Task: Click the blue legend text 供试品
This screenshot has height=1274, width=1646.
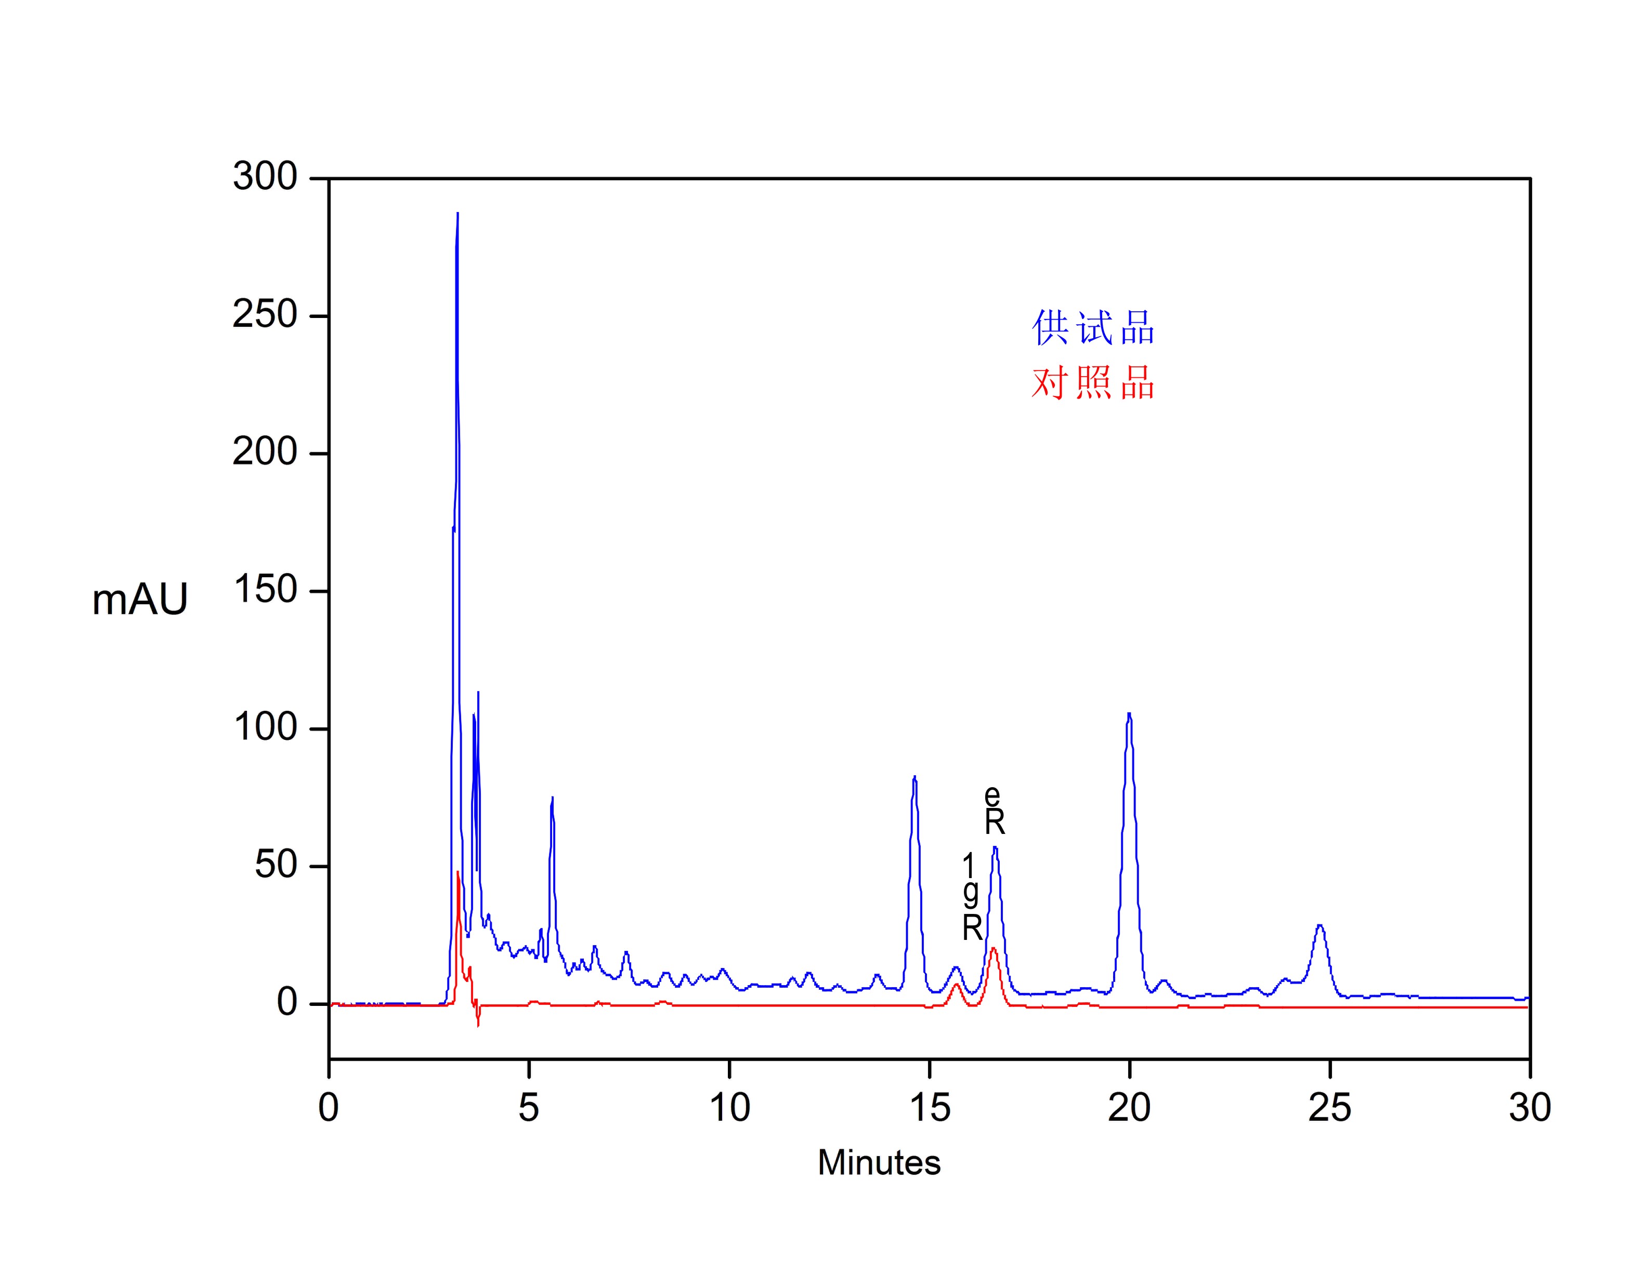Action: coord(1092,328)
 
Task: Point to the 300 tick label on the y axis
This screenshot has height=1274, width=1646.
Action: coord(265,177)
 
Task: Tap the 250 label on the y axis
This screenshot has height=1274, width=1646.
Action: coord(265,315)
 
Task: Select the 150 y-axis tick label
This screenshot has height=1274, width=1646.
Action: coord(265,590)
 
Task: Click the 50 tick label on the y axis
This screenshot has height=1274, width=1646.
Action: coord(276,865)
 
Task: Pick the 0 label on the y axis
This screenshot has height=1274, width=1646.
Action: coord(287,1003)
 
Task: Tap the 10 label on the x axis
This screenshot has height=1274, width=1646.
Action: coord(729,1108)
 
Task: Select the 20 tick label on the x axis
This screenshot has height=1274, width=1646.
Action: coord(1129,1108)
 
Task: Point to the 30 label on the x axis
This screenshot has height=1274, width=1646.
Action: coord(1529,1108)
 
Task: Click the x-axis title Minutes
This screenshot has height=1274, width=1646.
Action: coord(879,1162)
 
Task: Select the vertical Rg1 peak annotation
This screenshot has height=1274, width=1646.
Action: coord(972,897)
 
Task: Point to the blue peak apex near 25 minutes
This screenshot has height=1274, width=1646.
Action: coord(1319,925)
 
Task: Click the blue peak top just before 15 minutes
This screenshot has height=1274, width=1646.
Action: coord(914,777)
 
